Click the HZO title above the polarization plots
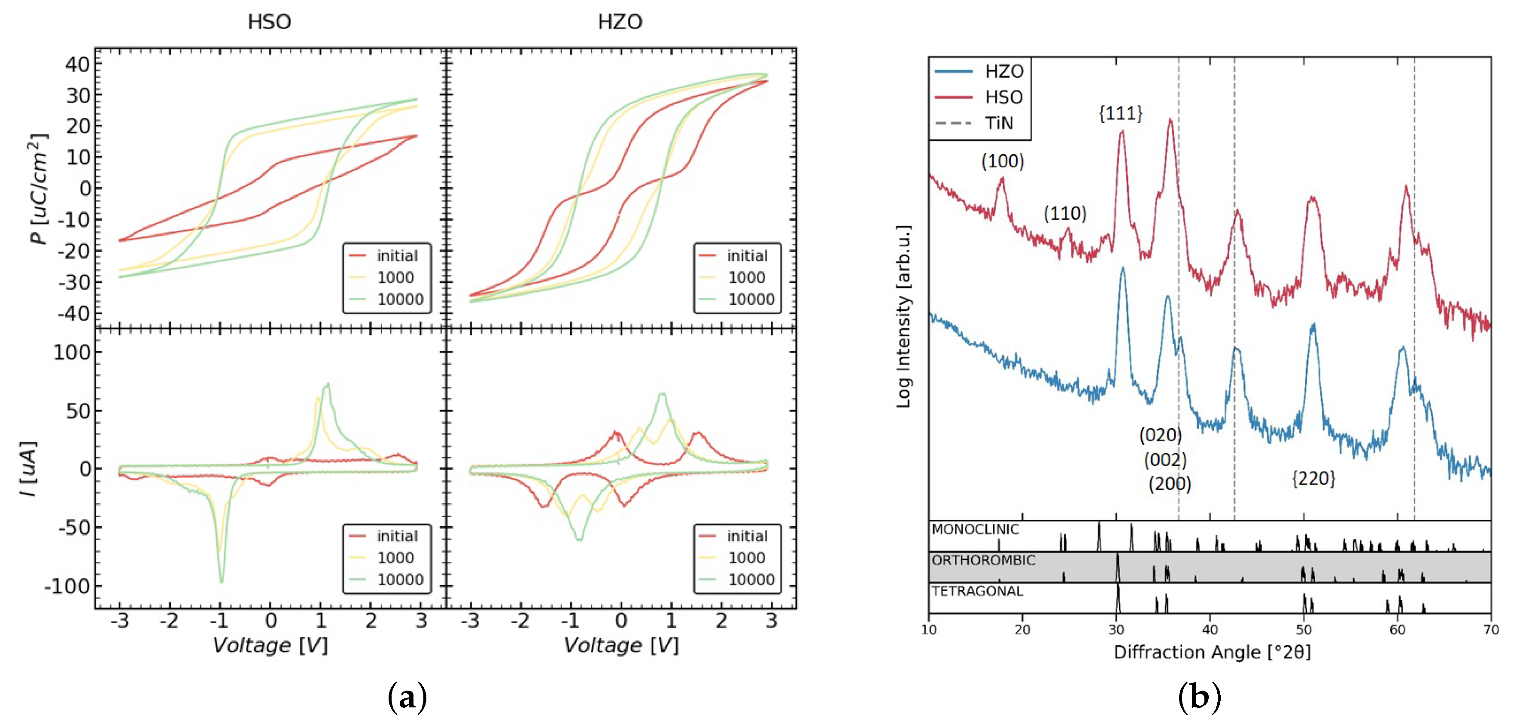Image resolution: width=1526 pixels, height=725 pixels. point(620,22)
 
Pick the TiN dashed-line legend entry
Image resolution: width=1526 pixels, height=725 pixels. point(998,123)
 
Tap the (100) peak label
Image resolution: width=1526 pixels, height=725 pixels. point(1002,161)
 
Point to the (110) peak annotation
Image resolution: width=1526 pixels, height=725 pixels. point(1064,213)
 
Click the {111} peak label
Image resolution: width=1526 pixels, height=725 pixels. point(1120,113)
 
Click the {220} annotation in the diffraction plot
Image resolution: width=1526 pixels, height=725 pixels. point(1313,479)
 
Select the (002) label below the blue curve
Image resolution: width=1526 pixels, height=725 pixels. point(1164,460)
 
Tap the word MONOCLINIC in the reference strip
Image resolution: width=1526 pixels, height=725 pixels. point(975,529)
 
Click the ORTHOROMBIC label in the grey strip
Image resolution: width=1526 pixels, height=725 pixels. point(983,560)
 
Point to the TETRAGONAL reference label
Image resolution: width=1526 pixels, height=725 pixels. point(977,591)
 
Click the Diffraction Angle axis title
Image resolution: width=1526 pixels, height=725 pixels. point(1212,652)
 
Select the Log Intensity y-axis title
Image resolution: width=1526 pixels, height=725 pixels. point(903,316)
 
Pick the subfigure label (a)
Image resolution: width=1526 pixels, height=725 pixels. point(407,697)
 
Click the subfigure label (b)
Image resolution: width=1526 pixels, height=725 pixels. point(1199,697)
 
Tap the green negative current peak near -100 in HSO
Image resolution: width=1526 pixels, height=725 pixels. point(222,580)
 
